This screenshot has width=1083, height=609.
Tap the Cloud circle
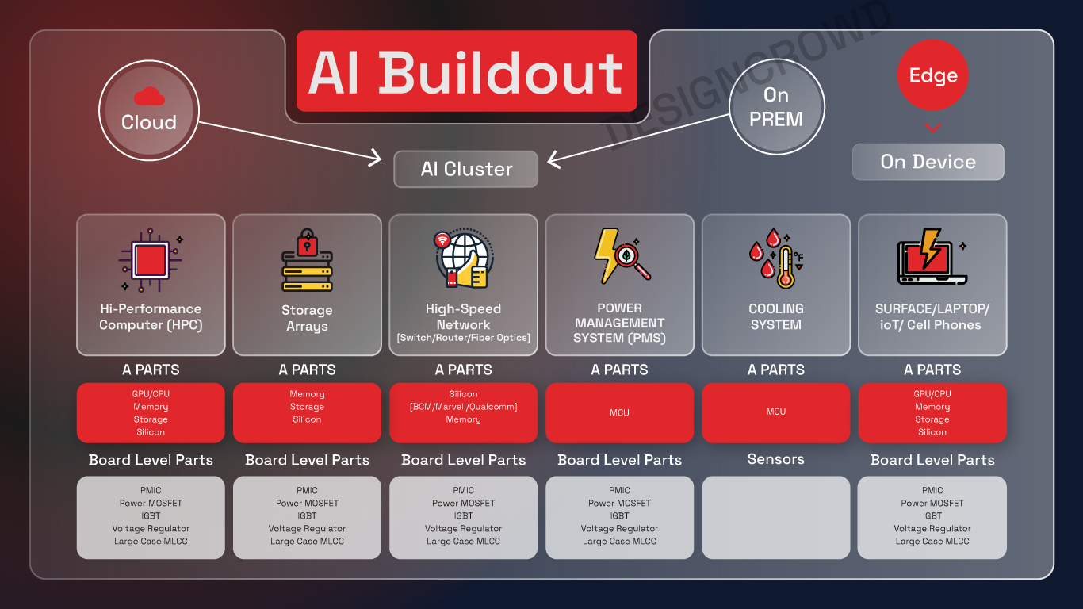click(x=148, y=111)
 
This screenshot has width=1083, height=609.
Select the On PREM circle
click(x=776, y=107)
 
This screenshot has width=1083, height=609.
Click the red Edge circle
click(x=933, y=75)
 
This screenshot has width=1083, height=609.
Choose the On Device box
click(x=928, y=162)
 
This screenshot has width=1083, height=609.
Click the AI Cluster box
click(x=466, y=169)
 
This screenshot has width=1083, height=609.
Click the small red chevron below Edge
click(x=933, y=128)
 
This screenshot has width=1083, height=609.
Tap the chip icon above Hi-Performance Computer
click(x=151, y=260)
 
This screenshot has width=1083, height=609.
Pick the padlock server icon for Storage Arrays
click(x=307, y=262)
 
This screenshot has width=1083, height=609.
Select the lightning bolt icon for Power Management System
click(x=621, y=255)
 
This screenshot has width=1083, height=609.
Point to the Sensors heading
click(x=776, y=459)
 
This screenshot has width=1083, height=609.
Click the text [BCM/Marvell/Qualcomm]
click(x=463, y=407)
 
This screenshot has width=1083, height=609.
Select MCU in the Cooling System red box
click(x=776, y=412)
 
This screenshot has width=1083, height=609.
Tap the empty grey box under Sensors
click(x=776, y=517)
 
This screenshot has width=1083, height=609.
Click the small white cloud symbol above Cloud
click(x=149, y=97)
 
